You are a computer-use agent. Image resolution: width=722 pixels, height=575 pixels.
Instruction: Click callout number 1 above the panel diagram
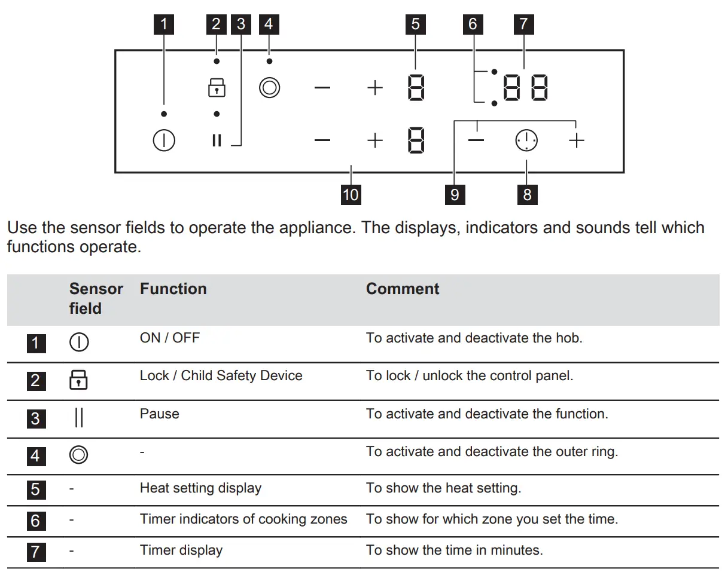coord(164,25)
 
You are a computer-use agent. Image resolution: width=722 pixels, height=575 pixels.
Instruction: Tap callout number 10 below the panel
coord(351,194)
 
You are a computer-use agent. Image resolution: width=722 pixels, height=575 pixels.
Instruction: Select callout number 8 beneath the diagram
coord(526,194)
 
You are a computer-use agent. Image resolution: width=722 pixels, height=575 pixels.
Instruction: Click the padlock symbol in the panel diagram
coord(217,88)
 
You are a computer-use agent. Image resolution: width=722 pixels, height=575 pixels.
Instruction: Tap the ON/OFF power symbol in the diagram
coord(164,141)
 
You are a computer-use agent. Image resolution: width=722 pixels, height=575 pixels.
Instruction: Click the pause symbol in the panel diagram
coord(217,141)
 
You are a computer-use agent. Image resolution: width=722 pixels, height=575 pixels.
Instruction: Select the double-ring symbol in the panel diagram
coord(269,88)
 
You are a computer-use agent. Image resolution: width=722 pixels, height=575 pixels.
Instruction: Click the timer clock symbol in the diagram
coord(526,141)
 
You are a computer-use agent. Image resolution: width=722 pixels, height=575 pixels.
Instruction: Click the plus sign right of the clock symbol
coord(576,141)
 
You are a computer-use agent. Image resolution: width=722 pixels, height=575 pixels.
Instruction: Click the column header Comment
coord(403,289)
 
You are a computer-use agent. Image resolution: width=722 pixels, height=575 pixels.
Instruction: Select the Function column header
coord(173,289)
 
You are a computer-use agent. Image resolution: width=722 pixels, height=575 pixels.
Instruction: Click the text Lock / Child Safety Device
coord(221,375)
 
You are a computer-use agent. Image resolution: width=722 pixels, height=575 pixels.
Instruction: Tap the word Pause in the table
coord(159,414)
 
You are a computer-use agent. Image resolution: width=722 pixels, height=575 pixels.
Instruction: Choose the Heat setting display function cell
coord(200,488)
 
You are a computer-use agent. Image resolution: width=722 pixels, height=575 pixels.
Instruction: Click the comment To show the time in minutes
coord(455,550)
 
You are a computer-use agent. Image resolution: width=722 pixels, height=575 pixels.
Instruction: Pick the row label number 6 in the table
coord(35,521)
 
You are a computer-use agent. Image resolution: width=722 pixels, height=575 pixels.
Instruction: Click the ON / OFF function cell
coord(169,338)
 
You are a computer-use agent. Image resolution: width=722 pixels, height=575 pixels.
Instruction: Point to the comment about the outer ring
coord(492,451)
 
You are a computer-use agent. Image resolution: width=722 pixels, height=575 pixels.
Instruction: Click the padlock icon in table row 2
coord(79,380)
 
